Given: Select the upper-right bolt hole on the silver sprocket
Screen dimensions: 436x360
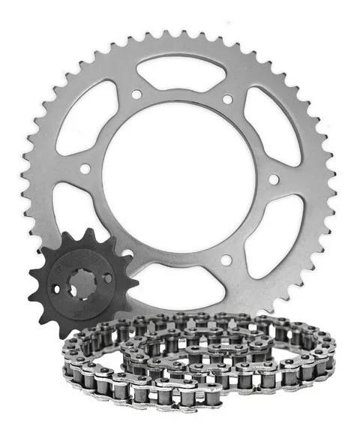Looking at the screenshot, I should point(227,98).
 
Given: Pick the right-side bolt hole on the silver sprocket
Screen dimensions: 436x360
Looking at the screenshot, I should point(274,179).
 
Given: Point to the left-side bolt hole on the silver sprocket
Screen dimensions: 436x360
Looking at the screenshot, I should point(85,169).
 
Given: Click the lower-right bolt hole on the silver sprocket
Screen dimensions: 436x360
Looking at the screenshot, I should point(226,260).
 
